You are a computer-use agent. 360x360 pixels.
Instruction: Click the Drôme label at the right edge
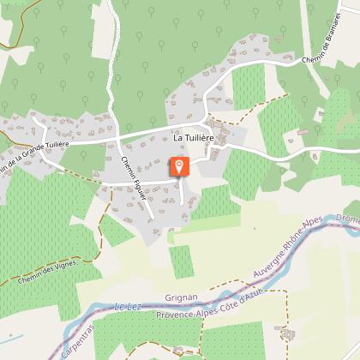(349, 219)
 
